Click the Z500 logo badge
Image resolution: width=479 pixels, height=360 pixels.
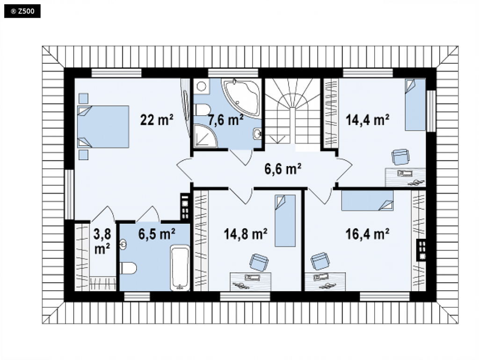coord(22,12)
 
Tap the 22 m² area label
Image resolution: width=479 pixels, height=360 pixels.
coord(157,120)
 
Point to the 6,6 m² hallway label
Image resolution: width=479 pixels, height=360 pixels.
coord(283,169)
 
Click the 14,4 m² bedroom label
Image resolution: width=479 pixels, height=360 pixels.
coord(367,120)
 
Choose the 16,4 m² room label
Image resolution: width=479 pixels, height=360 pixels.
coord(367,235)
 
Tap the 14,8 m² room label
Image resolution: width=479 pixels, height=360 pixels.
coord(246,235)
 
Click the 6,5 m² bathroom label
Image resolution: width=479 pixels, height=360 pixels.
coord(157,234)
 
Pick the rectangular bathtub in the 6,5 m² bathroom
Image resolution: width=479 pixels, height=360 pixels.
coord(180,268)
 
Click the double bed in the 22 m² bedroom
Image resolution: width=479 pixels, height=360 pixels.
coord(103,127)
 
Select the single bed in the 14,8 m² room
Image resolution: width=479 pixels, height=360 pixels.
coord(285,220)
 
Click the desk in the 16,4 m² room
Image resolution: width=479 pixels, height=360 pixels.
coord(325,282)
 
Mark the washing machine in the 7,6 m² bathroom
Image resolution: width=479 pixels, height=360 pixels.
coord(201,86)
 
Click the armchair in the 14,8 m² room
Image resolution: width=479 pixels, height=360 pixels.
coord(259,262)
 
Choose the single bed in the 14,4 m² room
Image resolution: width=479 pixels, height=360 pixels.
coord(415,104)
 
